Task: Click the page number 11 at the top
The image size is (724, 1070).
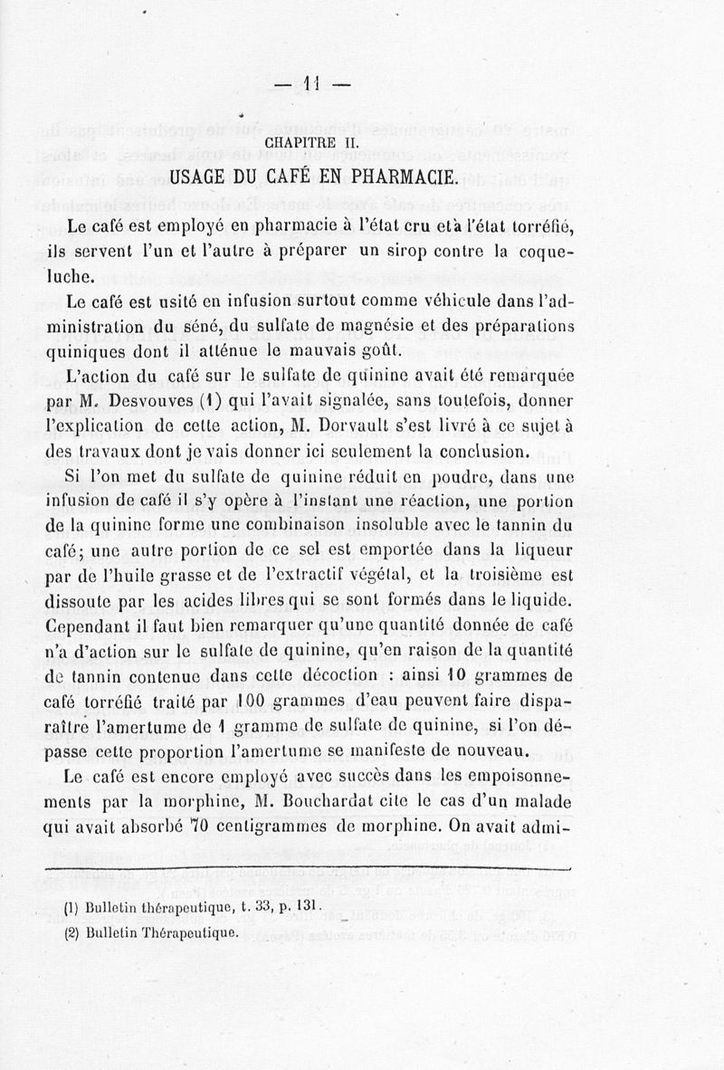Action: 313,85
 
